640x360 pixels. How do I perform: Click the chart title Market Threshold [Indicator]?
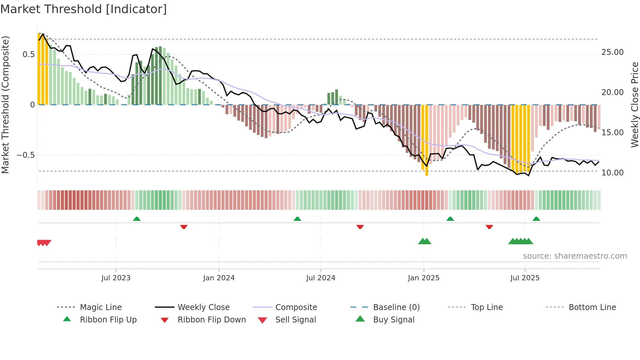point(84,9)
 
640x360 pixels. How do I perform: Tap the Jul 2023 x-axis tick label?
point(116,278)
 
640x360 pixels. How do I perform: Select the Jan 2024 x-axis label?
point(219,278)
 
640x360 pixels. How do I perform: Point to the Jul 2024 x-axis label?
point(321,278)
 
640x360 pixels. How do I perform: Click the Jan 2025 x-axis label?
point(424,278)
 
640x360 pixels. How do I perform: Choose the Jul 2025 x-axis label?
point(525,278)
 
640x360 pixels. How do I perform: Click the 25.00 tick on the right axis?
point(613,52)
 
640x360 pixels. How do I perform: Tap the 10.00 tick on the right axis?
point(613,173)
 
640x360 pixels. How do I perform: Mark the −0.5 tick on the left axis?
point(25,155)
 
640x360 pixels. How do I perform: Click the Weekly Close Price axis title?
point(634,105)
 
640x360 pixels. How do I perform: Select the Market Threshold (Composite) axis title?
point(5,105)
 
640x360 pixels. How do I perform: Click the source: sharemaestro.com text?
point(575,256)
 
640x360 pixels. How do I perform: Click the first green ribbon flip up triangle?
point(137,219)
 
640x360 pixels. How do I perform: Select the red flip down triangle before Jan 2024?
point(184,227)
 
